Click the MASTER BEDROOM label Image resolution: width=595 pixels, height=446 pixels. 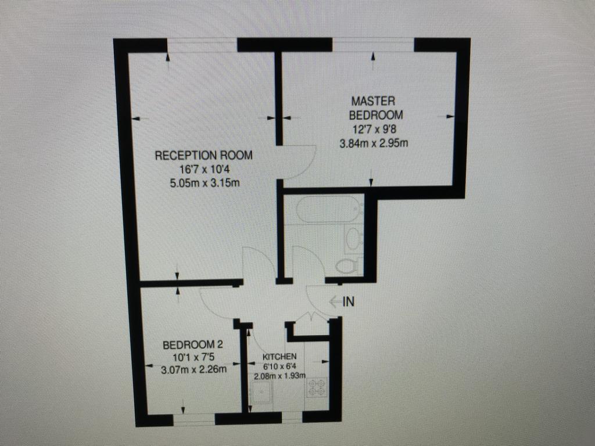point(376,108)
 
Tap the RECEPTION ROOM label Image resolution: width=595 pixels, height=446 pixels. point(204,156)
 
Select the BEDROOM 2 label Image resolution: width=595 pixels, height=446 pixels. point(193,345)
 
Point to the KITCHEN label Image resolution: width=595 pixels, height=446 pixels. point(279,357)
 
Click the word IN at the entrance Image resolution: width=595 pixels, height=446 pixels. point(349,302)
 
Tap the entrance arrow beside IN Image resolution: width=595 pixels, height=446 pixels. point(335,302)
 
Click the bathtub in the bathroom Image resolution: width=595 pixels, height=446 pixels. point(329,208)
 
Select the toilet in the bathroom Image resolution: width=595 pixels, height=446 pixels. point(349,265)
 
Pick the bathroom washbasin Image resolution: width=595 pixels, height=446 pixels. point(354,239)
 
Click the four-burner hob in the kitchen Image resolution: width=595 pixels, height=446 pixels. point(317,387)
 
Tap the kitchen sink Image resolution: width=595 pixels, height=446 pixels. point(261,392)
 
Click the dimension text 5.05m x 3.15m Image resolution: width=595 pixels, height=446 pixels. point(205,183)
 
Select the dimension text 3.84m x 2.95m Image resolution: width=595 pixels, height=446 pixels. point(374,143)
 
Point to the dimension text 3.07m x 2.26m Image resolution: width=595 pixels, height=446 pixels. point(194,369)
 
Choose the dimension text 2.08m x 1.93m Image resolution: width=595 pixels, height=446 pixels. point(279,376)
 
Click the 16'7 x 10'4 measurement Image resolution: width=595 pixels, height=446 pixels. point(205,169)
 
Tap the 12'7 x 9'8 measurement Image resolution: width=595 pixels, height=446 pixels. point(375,130)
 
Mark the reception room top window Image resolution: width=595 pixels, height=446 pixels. point(202,45)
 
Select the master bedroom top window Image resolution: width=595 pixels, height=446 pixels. point(373,45)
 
